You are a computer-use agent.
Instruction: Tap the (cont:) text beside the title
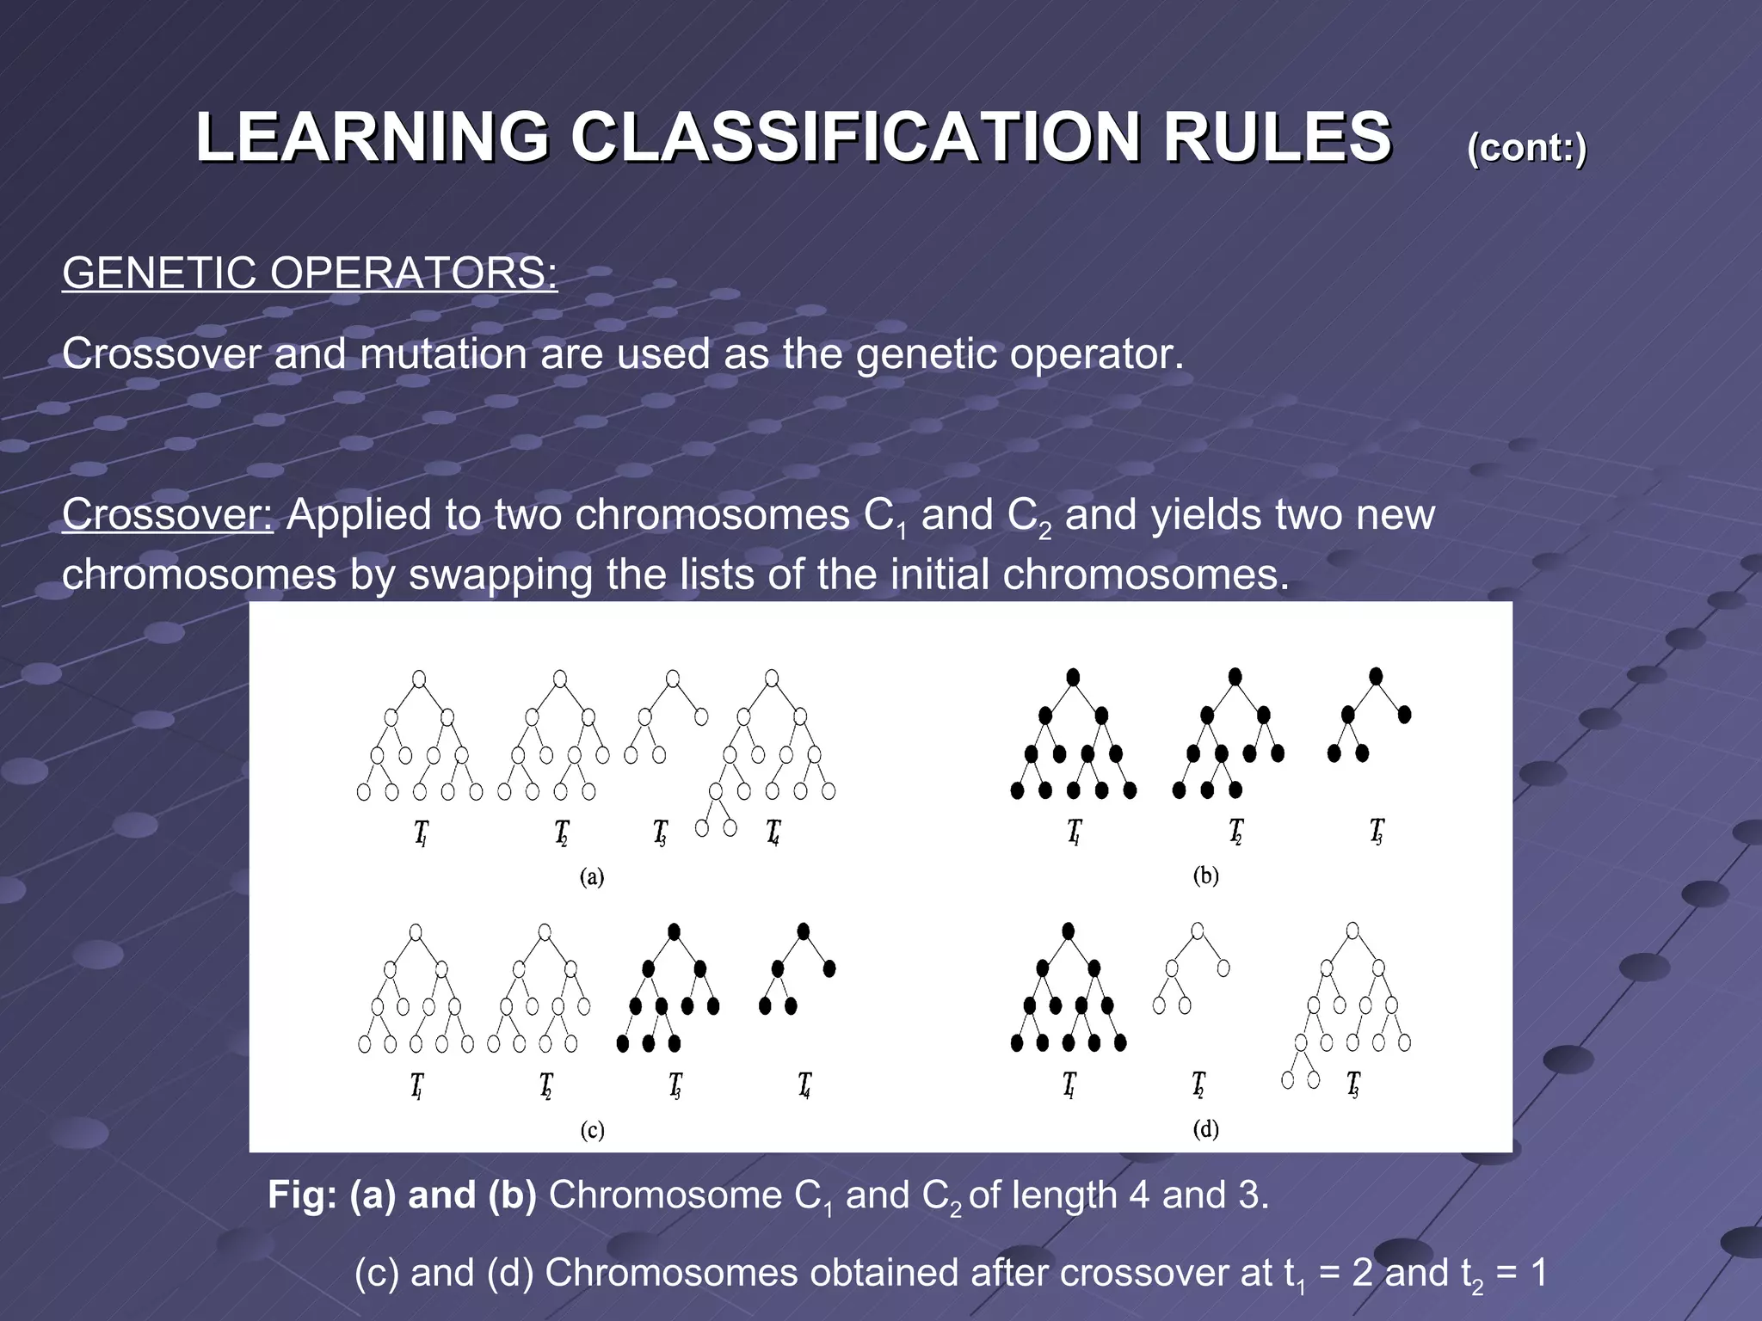click(1526, 148)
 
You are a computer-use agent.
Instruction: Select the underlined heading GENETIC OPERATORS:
click(310, 273)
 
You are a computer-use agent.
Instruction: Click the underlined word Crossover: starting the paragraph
click(168, 515)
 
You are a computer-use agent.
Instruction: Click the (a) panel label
click(592, 876)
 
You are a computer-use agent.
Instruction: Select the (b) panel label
click(1205, 876)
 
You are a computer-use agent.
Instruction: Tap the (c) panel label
click(592, 1129)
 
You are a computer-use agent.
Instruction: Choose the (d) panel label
click(1205, 1128)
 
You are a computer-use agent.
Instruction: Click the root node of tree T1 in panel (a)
click(419, 679)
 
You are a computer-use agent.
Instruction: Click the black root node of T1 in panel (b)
click(1073, 677)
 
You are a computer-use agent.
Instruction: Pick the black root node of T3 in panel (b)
click(1376, 677)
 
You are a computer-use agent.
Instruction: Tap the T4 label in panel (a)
click(773, 833)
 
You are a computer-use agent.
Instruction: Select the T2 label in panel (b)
click(1235, 831)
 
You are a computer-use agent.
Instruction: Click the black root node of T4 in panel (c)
click(804, 931)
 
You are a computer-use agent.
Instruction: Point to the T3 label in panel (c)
click(675, 1085)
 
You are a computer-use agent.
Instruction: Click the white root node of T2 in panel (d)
click(1198, 931)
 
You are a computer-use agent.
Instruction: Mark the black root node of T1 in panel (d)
click(1068, 931)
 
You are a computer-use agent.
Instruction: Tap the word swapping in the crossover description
click(500, 574)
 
